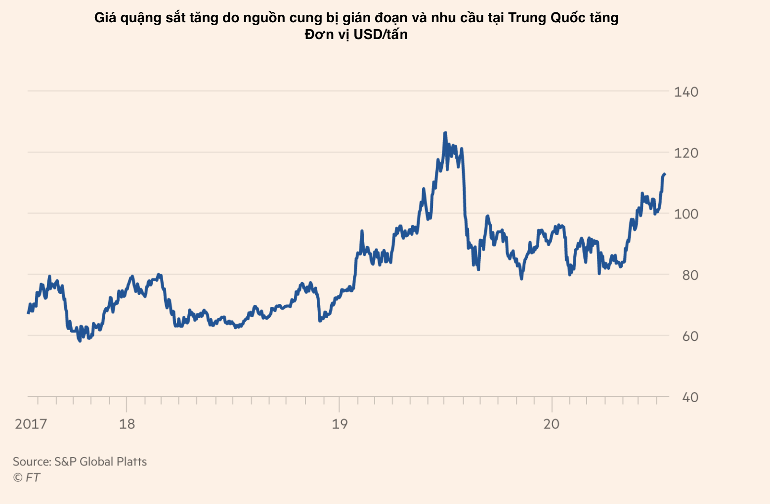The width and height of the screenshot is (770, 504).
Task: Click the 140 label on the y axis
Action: pos(686,92)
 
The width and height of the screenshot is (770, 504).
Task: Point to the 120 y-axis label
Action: pos(686,153)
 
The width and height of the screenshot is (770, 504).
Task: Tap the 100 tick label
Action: pos(686,214)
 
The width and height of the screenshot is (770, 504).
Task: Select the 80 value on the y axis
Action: pos(690,275)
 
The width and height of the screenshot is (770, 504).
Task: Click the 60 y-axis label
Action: pos(690,336)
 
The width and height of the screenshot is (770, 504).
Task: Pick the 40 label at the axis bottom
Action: pos(690,397)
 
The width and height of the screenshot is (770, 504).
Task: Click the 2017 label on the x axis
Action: pos(31,424)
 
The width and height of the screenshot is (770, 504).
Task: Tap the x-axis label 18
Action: pos(127,424)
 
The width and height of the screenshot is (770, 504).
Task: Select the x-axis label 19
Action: pos(340,424)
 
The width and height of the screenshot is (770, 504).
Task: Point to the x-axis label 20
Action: pos(552,424)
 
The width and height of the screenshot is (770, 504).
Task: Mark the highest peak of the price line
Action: pos(445,133)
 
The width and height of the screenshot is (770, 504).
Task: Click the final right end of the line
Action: pos(665,174)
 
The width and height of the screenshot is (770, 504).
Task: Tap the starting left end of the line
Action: pos(28,312)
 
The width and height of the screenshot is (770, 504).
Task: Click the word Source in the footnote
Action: pos(31,462)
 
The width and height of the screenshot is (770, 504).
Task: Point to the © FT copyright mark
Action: pos(26,477)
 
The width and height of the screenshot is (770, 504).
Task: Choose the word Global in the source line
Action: pos(96,462)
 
